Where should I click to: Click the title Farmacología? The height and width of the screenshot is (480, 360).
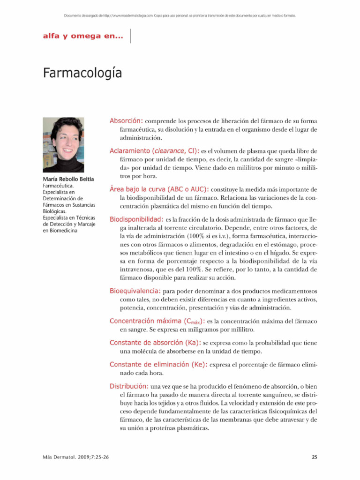tap(82, 74)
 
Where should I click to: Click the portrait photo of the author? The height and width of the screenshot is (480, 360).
tap(63, 145)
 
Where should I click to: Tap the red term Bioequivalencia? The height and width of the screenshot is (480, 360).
tap(135, 291)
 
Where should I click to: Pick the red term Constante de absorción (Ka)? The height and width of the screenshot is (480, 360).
tap(155, 343)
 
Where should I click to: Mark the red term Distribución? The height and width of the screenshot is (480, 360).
tap(129, 386)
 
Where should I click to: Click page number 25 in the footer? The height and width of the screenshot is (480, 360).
tap(314, 457)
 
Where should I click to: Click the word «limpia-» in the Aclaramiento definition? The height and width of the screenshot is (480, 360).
tap(303, 160)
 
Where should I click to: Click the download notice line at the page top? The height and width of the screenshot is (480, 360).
tap(180, 15)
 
